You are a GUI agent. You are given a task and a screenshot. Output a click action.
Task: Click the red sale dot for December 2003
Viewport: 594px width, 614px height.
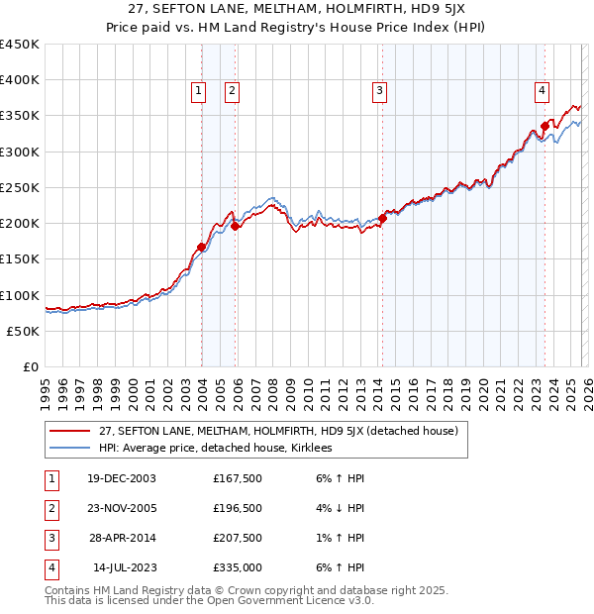[201, 248]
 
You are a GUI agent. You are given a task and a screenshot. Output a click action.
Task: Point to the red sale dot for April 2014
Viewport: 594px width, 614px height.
[382, 219]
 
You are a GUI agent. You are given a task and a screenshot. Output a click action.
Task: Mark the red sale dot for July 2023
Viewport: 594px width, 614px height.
[544, 127]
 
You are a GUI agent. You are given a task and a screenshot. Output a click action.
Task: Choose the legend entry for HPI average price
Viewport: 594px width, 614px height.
[215, 449]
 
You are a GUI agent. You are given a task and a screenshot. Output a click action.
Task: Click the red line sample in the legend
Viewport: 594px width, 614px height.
[69, 432]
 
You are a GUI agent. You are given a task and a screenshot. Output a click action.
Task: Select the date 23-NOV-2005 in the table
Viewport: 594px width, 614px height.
[120, 508]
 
